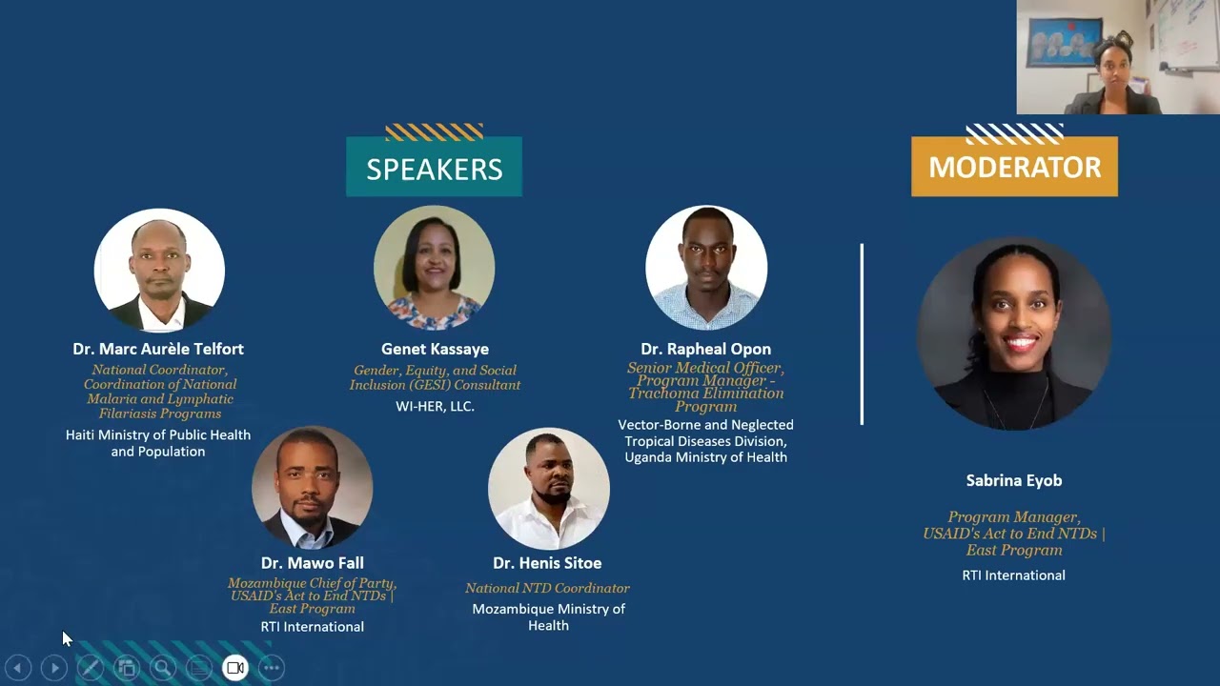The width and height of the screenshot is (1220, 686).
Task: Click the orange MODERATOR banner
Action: point(1014,167)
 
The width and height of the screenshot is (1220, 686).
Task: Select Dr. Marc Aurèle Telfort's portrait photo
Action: point(159,271)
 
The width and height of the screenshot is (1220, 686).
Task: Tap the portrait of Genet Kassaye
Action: point(434,268)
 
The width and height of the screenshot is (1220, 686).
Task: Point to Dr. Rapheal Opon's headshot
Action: point(706,268)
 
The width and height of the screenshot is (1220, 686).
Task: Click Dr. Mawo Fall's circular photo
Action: point(312,487)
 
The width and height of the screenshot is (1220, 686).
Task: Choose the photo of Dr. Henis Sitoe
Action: point(548,489)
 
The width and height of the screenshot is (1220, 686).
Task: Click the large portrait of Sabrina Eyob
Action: point(1013,333)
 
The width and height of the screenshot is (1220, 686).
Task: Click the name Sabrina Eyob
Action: point(1013,481)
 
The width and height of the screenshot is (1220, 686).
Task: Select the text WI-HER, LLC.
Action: point(435,407)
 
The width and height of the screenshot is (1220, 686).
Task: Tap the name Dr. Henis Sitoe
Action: point(547,563)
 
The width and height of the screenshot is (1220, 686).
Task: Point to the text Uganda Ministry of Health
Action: point(705,457)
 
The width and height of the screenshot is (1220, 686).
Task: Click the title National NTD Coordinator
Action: point(547,589)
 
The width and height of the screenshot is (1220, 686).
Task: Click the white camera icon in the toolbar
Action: point(235,668)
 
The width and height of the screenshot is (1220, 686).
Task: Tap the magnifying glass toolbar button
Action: point(163,668)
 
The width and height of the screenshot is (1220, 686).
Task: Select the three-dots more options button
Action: point(272,668)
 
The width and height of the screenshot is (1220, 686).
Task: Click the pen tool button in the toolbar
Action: point(91,668)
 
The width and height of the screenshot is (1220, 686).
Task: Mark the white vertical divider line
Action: point(862,333)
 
